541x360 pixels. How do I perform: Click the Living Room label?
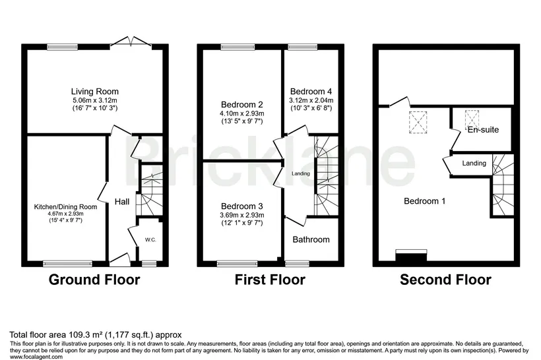coord(95,92)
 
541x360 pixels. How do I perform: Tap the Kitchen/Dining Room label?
coord(65,207)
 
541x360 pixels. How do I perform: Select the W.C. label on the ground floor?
coord(150,239)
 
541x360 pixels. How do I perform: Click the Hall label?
coord(122,202)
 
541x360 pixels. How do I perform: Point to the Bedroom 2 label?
coord(242,104)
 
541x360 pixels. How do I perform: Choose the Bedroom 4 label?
coord(311,92)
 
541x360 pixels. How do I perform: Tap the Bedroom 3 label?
coord(242,206)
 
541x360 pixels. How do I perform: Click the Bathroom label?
coord(311,239)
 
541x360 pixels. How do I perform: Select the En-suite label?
coord(483,130)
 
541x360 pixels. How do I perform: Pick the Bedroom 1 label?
coord(425,201)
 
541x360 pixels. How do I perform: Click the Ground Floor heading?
coord(94,280)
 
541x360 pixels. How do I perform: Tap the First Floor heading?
coord(270,280)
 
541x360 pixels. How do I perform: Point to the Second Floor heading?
coord(446,280)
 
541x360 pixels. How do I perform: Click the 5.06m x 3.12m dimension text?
coord(95,100)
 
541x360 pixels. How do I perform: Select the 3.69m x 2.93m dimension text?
coord(242,215)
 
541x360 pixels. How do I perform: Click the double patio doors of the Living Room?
coord(131,42)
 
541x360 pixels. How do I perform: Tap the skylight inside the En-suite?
coord(472,119)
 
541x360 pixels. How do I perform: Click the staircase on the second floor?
coord(503,185)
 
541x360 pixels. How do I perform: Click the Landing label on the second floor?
coord(474,163)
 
